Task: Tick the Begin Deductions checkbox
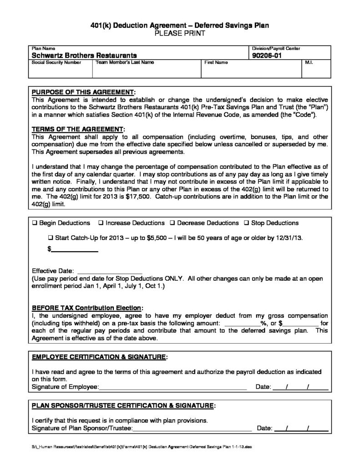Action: [x=35, y=223]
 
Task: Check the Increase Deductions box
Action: [x=101, y=223]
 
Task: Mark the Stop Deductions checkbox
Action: [x=247, y=223]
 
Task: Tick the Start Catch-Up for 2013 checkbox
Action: [x=51, y=238]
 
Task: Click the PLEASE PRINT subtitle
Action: [x=180, y=34]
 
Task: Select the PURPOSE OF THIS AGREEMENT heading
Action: [x=83, y=91]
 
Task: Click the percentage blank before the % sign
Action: [x=243, y=323]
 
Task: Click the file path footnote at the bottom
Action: [x=141, y=447]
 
